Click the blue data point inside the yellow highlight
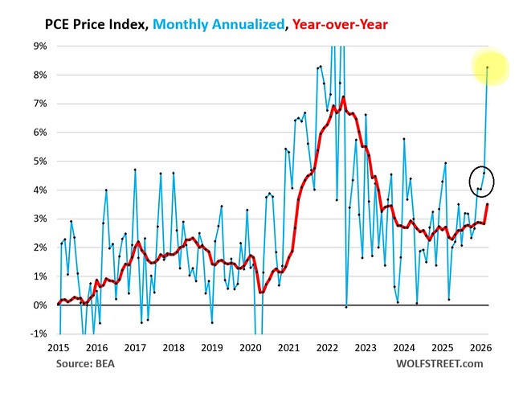click(488, 68)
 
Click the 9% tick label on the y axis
click(40, 46)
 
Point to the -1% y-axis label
click(39, 333)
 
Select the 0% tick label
click(40, 305)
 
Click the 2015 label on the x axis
click(59, 348)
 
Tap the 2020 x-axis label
click(251, 348)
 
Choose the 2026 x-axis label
click(480, 348)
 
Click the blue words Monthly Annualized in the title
click(219, 25)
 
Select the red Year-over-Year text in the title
click(340, 25)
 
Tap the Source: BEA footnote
click(85, 363)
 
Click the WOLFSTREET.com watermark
click(439, 363)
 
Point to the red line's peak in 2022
click(343, 97)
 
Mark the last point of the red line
click(488, 204)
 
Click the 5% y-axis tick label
click(40, 162)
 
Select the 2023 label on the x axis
click(366, 348)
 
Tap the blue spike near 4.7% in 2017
click(135, 170)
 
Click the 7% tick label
click(40, 104)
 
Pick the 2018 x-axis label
click(174, 348)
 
